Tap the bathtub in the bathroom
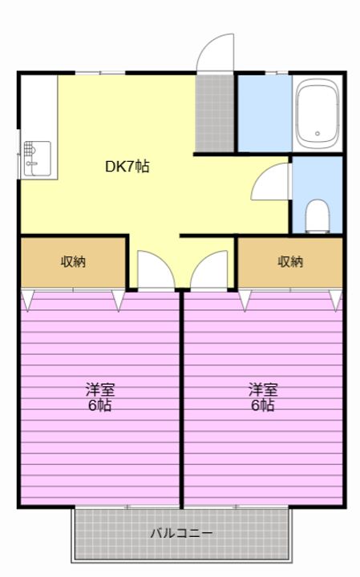[x=318, y=113]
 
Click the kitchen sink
[x=37, y=155]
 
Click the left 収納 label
[x=74, y=261]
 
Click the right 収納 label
[x=290, y=261]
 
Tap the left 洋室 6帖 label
[x=100, y=397]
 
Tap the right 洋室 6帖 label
[x=262, y=397]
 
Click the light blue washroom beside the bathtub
[x=264, y=112]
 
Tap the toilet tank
[x=318, y=227]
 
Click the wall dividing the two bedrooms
[x=182, y=401]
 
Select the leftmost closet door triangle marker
[x=29, y=301]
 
